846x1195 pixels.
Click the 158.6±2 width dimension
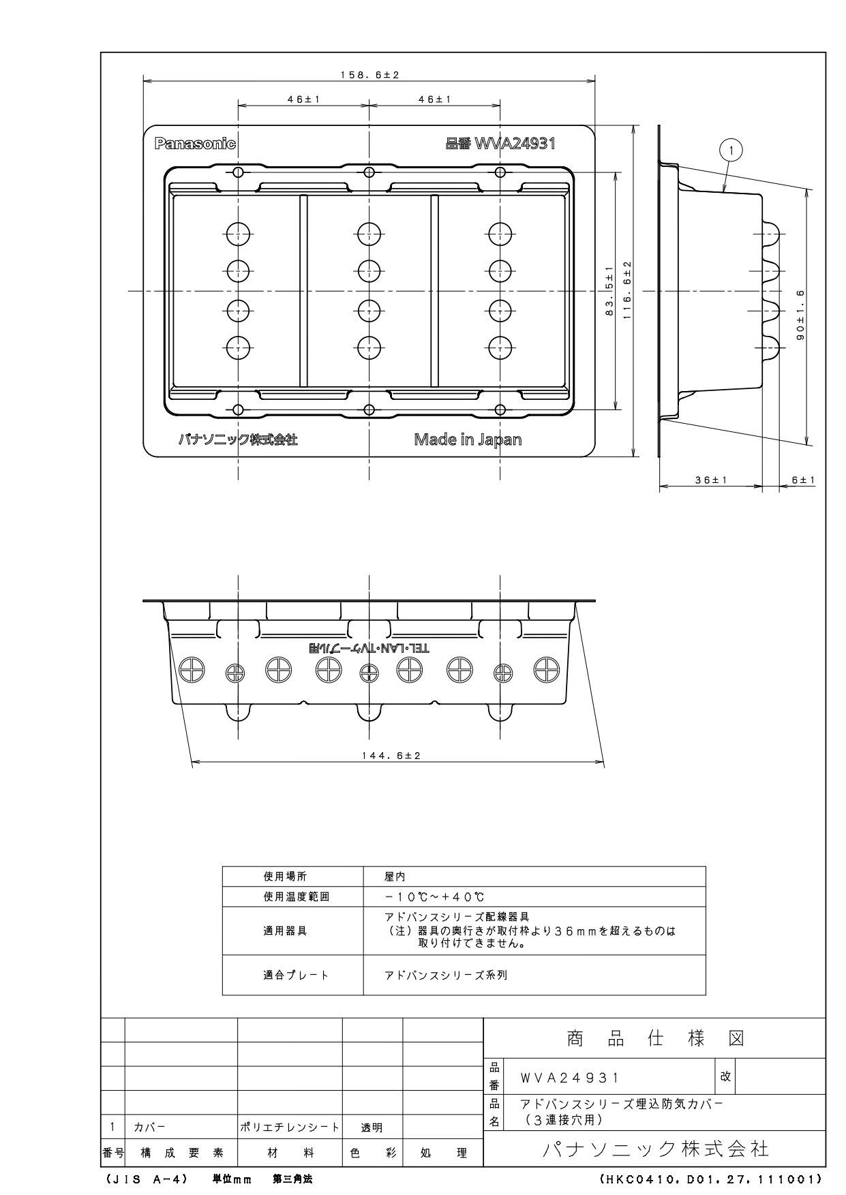[x=369, y=75]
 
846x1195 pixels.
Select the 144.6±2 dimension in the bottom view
[x=391, y=756]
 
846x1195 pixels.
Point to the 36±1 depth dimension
[x=711, y=480]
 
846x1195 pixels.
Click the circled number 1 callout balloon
[x=731, y=150]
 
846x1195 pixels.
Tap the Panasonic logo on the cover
[x=195, y=144]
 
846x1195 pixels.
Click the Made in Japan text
[x=468, y=439]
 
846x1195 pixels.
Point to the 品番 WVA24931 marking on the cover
[x=500, y=144]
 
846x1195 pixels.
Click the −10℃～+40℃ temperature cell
[x=434, y=897]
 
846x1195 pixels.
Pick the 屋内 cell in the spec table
[x=395, y=877]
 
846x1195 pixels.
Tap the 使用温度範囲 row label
[x=296, y=897]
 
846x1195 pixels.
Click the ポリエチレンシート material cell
[x=290, y=1128]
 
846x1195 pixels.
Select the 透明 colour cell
[x=372, y=1128]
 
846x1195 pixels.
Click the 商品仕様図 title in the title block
[x=655, y=1038]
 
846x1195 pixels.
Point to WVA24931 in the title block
[x=570, y=1078]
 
